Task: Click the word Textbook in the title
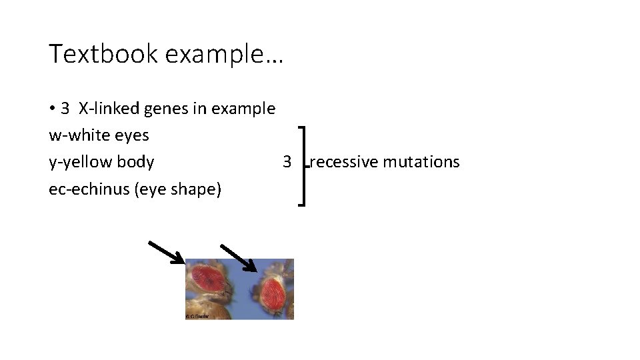pyautogui.click(x=103, y=54)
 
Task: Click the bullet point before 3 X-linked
pyautogui.click(x=52, y=108)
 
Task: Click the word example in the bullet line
pyautogui.click(x=243, y=109)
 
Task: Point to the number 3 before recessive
pyautogui.click(x=287, y=162)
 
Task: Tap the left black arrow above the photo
pyautogui.click(x=166, y=253)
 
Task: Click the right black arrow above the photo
pyautogui.click(x=239, y=258)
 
